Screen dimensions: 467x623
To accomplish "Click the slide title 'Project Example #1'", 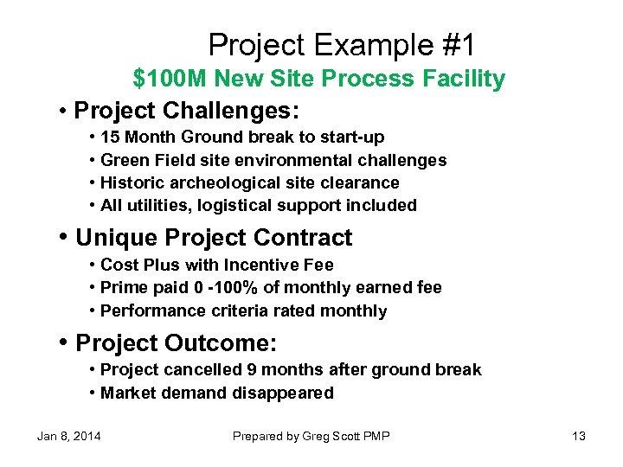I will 341,44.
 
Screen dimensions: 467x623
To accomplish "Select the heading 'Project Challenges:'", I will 186,112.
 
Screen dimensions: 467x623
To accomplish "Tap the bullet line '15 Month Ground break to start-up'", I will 242,137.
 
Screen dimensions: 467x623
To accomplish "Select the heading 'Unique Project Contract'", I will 214,238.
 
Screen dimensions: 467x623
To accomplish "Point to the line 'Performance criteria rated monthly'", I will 243,310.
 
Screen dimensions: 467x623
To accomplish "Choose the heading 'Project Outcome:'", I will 177,343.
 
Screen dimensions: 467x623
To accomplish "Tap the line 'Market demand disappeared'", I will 216,393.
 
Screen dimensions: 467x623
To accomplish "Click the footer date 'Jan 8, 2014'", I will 68,436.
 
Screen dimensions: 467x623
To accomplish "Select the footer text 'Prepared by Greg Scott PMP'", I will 311,436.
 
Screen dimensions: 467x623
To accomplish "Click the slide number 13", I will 578,436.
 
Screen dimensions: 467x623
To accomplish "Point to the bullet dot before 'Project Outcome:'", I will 65,343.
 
